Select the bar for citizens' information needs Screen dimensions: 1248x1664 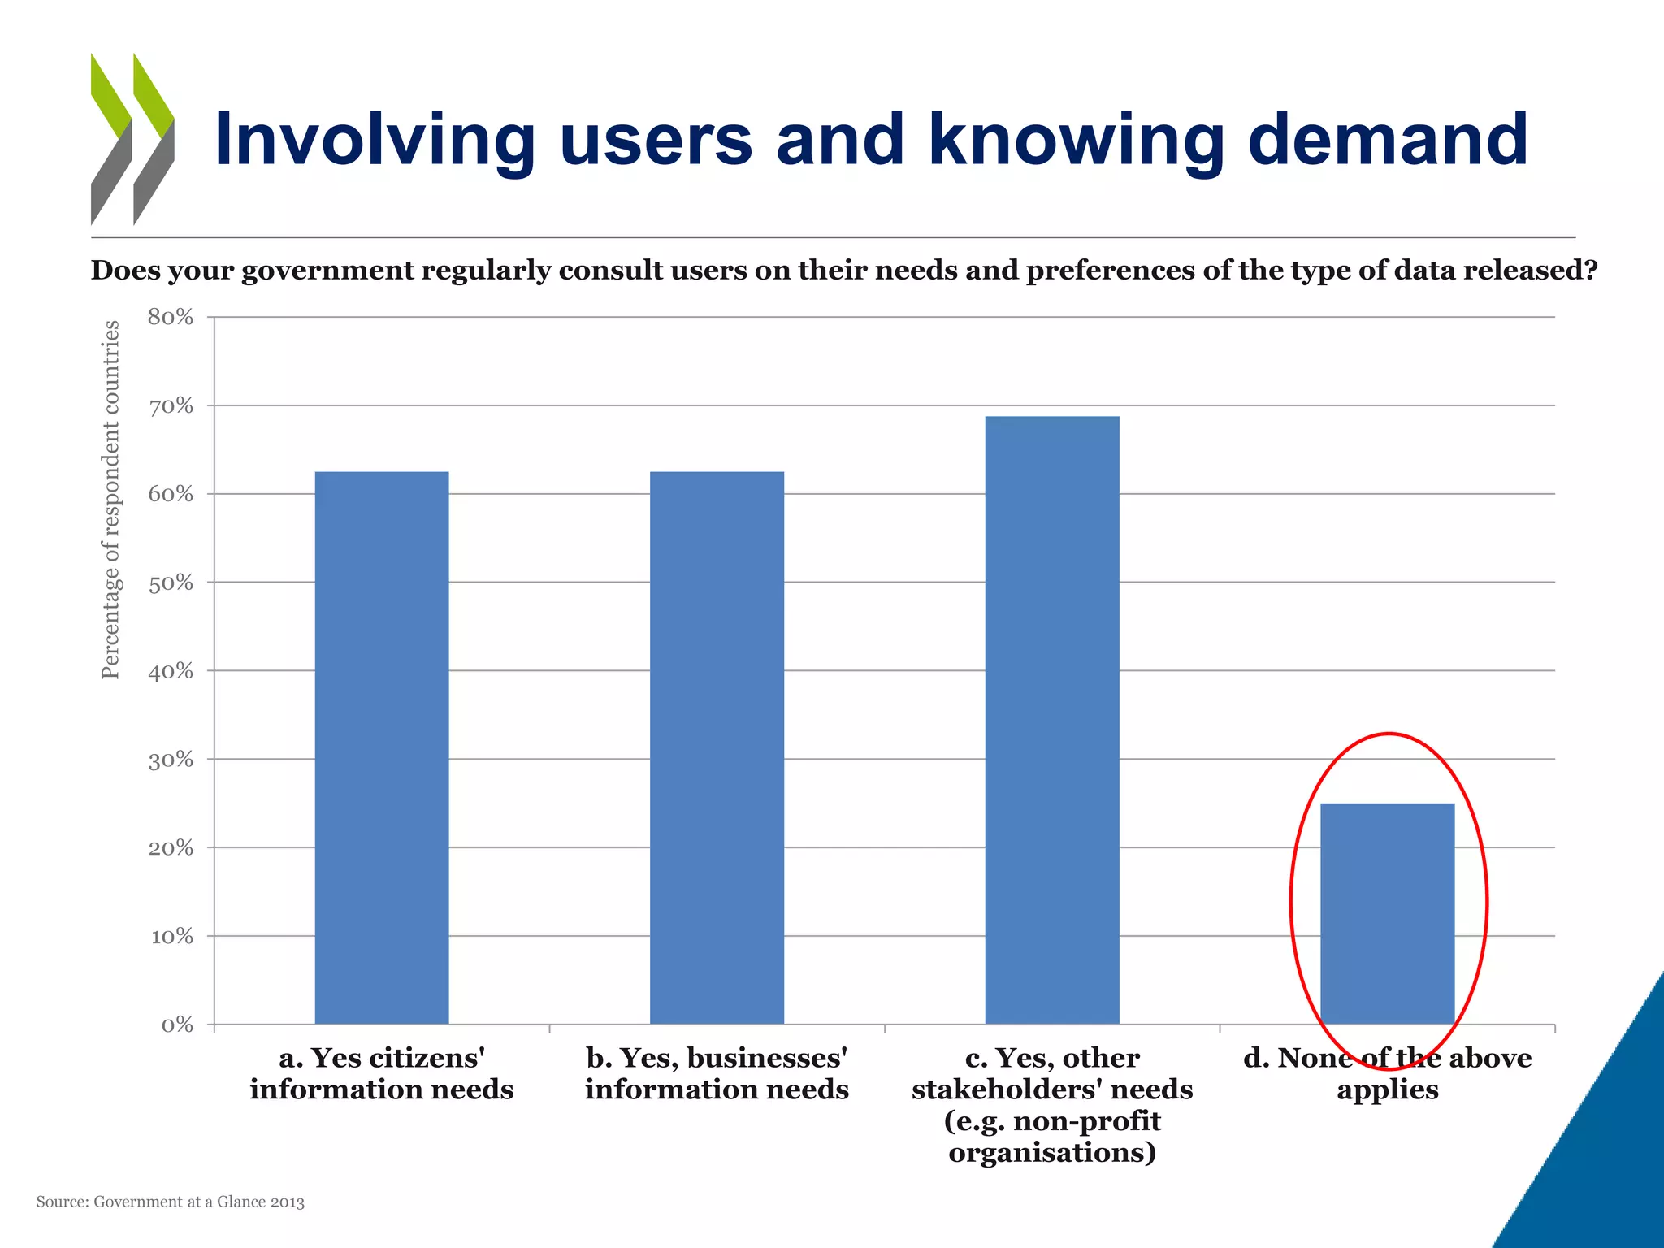pos(381,747)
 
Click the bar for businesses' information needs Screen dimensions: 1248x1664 pos(717,747)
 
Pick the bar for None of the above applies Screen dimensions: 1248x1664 pos(1387,913)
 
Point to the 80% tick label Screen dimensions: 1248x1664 pos(171,318)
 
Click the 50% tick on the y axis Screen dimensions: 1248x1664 pos(171,583)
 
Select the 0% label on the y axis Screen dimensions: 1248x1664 pos(177,1025)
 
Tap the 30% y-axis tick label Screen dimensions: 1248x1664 pos(171,760)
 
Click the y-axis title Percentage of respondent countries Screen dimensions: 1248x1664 pos(110,500)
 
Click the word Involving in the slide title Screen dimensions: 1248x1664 pos(375,140)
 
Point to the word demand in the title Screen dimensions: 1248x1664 pos(1388,140)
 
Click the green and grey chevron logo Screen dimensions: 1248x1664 pos(132,139)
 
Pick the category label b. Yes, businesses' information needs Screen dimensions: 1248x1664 pos(717,1073)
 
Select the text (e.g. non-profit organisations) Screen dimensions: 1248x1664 pos(1052,1137)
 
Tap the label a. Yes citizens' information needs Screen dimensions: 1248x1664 pos(381,1073)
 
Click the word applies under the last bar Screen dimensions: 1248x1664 pos(1387,1090)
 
